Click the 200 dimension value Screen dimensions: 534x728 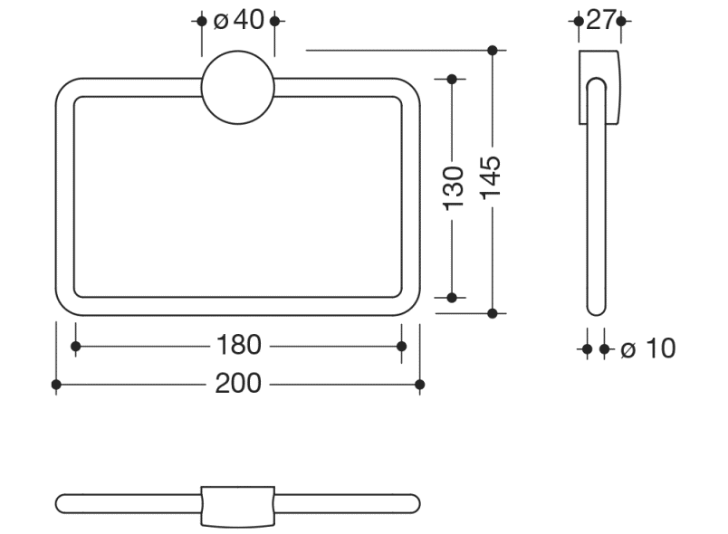(238, 384)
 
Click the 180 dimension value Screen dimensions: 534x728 (238, 345)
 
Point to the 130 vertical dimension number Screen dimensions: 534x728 (455, 187)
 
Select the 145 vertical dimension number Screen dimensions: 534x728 (492, 180)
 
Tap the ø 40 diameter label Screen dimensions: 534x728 (239, 20)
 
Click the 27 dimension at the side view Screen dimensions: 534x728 (600, 20)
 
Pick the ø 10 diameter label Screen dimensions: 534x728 (648, 348)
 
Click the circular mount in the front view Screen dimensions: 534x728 (238, 87)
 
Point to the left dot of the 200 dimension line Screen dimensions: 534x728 (56, 385)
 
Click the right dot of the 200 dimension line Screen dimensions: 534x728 (420, 385)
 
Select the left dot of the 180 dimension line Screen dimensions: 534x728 (75, 346)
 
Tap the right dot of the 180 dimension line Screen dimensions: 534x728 (402, 346)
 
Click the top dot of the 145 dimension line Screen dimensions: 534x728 (492, 50)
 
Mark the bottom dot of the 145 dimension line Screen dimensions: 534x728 (492, 313)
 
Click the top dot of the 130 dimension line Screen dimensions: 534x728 (452, 80)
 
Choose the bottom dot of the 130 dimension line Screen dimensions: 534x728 (452, 296)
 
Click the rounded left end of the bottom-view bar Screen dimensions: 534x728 (62, 503)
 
